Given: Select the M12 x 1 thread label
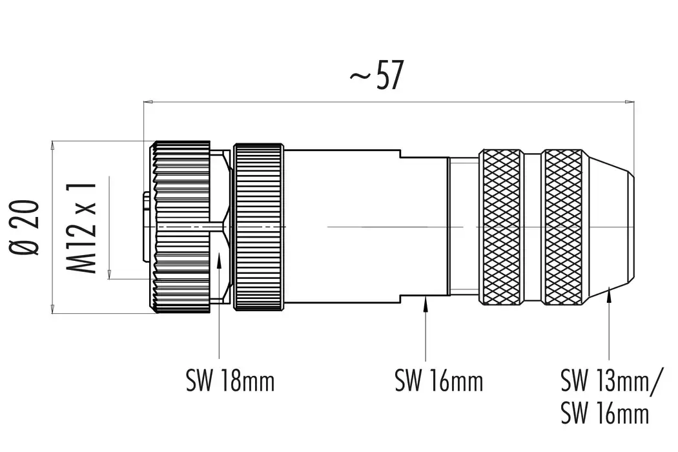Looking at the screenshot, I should point(83,227).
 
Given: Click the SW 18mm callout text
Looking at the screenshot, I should point(231,381).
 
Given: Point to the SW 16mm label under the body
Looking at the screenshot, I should point(439,381).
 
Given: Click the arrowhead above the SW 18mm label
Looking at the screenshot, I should point(220,258).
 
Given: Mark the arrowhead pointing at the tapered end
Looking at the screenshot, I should point(610,295).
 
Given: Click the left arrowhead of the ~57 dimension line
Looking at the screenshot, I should point(147,101).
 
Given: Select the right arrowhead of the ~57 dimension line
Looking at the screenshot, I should point(630,101).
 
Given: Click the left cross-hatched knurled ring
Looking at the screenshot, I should point(501,227).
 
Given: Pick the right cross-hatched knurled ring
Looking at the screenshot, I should point(562,227).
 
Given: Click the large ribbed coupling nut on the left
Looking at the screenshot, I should point(180,227).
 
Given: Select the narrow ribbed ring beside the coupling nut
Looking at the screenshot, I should point(258,227).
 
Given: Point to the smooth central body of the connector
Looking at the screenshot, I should point(342,227).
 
